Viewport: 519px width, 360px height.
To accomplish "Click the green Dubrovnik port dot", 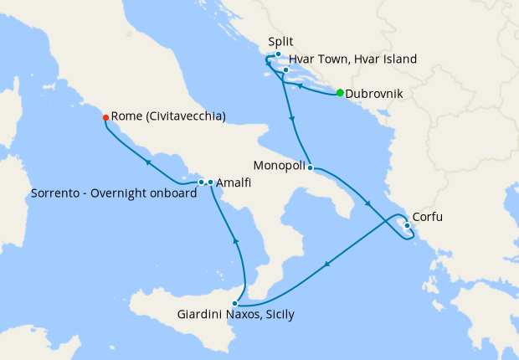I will pyautogui.click(x=340, y=93).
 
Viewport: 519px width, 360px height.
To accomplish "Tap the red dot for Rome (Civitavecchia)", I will pyautogui.click(x=105, y=117).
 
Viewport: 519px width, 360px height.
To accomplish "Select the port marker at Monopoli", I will pyautogui.click(x=310, y=167).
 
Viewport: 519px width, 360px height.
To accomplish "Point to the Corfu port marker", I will pyautogui.click(x=407, y=225).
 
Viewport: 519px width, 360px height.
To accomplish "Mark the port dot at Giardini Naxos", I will pyautogui.click(x=236, y=303).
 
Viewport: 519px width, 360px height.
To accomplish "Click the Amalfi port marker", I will pyautogui.click(x=210, y=183).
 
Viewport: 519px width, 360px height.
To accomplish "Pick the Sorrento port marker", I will pyautogui.click(x=201, y=182).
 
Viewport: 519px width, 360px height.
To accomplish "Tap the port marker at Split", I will pyautogui.click(x=278, y=54).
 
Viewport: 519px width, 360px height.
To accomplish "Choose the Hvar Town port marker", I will pyautogui.click(x=285, y=69).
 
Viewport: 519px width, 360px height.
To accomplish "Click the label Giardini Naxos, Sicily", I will pyautogui.click(x=236, y=316).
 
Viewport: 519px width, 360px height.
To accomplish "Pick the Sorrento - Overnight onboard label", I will pyautogui.click(x=114, y=193).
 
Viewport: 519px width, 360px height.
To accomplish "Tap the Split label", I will pyautogui.click(x=280, y=40).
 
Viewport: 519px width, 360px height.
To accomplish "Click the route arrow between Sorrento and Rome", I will pyautogui.click(x=147, y=162).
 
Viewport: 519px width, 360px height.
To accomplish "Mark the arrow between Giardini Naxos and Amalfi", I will pyautogui.click(x=235, y=241).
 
